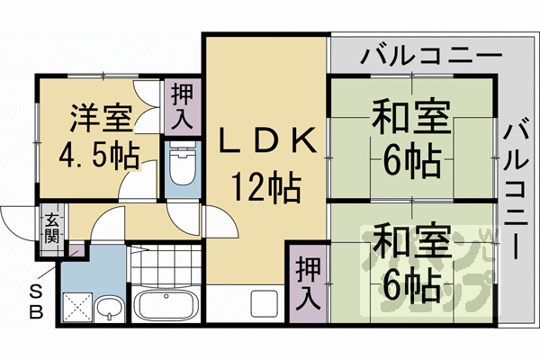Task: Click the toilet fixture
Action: (x=183, y=167)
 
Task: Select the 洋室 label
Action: (x=101, y=118)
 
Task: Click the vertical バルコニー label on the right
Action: (x=517, y=190)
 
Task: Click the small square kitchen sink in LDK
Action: (x=266, y=303)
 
